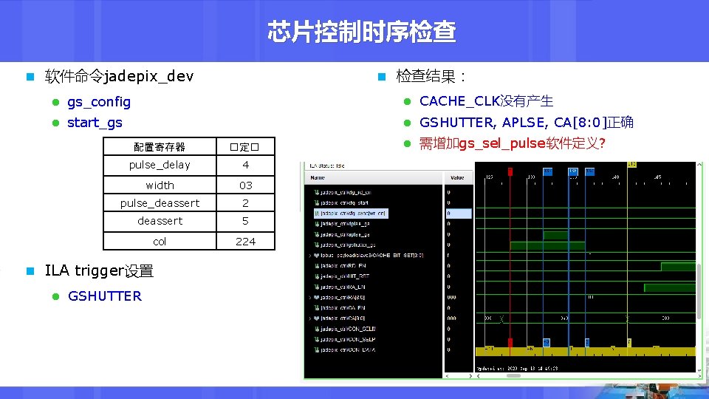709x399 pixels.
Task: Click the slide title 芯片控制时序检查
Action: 361,32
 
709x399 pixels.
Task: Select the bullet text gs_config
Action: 98,101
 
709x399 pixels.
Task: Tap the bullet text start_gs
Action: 95,123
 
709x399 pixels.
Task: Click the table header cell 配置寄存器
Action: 160,147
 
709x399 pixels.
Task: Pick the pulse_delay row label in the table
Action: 160,165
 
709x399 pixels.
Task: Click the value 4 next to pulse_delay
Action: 245,165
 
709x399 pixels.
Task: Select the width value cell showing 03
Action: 245,185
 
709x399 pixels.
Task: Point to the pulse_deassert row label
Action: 160,203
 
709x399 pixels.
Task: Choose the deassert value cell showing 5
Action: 245,221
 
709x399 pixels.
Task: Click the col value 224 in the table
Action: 245,242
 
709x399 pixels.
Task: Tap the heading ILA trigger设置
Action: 99,271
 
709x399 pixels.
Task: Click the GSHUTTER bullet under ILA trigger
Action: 104,296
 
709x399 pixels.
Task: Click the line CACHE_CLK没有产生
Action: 486,101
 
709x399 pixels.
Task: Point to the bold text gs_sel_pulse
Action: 501,143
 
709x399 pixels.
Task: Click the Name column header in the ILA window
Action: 318,177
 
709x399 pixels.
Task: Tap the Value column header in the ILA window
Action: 456,177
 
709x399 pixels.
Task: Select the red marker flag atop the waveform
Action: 510,171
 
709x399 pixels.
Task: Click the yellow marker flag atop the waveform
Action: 630,165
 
